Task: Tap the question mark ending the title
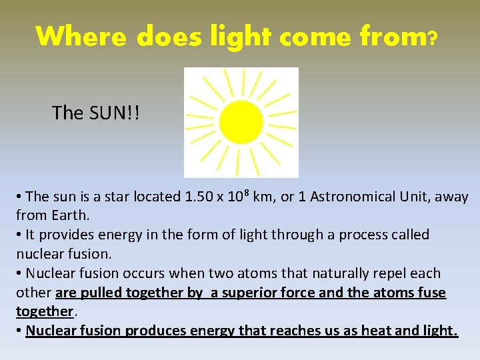(433, 38)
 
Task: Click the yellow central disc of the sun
(241, 122)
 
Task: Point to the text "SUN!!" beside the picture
(114, 113)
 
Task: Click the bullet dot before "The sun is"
(20, 197)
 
